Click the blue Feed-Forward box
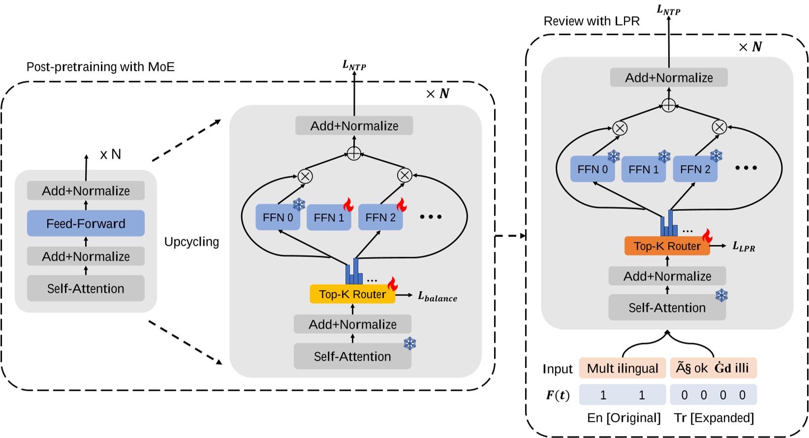tap(86, 224)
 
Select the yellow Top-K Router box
tap(352, 294)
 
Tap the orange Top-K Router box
tap(667, 246)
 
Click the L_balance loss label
tap(437, 296)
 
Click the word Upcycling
tap(191, 242)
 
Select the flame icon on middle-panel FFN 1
tap(348, 204)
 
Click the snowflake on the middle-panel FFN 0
tap(299, 204)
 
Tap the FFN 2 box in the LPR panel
tap(695, 170)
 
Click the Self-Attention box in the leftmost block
tap(86, 289)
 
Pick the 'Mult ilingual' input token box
tap(622, 368)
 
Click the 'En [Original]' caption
tap(623, 417)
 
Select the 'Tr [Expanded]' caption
tap(714, 417)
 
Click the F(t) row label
tap(558, 395)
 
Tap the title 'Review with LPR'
tap(591, 21)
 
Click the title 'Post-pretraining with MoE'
tap(100, 67)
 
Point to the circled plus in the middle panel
tap(354, 153)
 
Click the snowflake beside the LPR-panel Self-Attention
tap(721, 295)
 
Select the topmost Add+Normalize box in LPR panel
tap(668, 78)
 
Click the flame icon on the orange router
tap(707, 236)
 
